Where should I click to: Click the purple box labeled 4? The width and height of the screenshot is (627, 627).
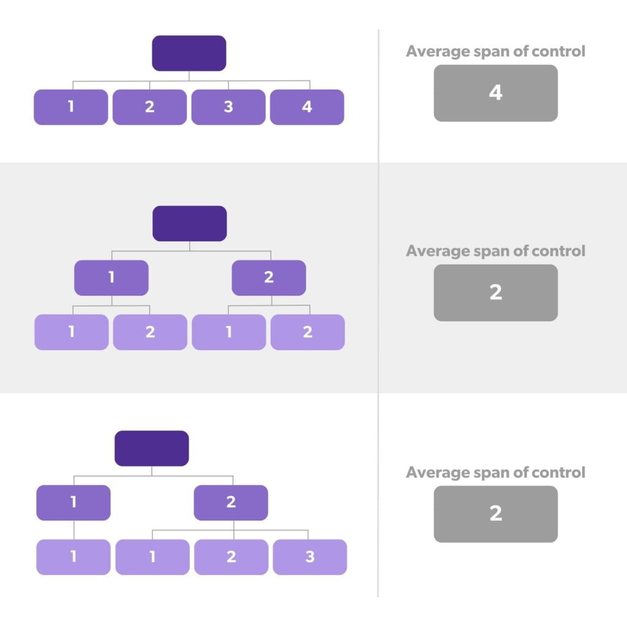307,107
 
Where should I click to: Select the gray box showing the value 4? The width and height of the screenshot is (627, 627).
495,93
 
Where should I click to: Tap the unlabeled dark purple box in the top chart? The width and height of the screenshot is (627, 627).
189,53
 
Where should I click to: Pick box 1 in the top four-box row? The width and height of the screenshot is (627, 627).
70,107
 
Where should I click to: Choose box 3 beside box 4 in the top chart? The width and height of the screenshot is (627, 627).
228,107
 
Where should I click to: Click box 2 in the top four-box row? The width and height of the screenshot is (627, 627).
149,107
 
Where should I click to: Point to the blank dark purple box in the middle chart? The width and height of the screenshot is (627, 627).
189,223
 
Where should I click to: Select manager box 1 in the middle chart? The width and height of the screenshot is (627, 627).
111,277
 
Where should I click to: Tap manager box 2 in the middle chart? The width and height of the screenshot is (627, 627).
268,277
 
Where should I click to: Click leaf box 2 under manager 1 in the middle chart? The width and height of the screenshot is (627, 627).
150,332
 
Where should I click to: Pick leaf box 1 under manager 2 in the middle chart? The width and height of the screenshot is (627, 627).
228,332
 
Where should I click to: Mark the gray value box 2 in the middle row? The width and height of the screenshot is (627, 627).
495,293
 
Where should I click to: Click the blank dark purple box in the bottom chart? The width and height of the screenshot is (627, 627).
152,448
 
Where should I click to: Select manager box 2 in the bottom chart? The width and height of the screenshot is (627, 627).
231,503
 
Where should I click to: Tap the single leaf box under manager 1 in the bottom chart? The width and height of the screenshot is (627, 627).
73,557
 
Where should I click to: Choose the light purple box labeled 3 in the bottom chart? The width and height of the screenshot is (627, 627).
310,557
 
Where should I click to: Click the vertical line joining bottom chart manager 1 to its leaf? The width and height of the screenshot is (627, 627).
73,530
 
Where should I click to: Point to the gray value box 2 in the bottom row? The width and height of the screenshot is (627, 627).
495,514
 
